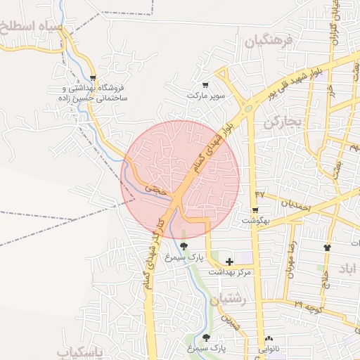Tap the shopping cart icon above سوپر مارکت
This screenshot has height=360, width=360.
pyautogui.click(x=205, y=84)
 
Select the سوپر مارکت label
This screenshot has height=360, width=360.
pyautogui.click(x=205, y=94)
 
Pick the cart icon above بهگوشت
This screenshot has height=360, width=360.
pyautogui.click(x=255, y=210)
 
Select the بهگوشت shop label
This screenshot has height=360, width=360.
pyautogui.click(x=256, y=220)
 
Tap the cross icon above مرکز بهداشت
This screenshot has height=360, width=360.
pyautogui.click(x=229, y=262)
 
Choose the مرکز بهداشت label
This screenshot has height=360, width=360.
pyautogui.click(x=229, y=271)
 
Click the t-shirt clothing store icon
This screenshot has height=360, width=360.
pyautogui.click(x=326, y=247)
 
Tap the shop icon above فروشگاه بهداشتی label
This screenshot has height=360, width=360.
pyautogui.click(x=93, y=78)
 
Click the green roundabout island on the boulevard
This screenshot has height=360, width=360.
pyautogui.click(x=247, y=108)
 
